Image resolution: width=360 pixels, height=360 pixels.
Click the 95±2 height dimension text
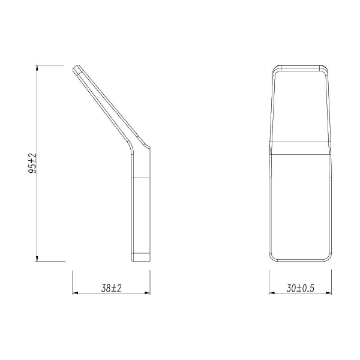(x=32, y=163)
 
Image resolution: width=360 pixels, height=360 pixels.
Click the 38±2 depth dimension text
(x=112, y=288)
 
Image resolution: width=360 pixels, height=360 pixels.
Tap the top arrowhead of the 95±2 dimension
(x=37, y=68)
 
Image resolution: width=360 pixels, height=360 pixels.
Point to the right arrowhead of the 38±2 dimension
(x=147, y=293)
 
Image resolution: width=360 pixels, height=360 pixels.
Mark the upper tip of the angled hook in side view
(x=77, y=68)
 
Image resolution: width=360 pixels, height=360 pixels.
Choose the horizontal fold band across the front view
(x=301, y=147)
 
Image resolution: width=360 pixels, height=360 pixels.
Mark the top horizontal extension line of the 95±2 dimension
(x=50, y=65)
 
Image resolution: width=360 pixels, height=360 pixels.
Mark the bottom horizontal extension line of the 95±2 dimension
(x=50, y=262)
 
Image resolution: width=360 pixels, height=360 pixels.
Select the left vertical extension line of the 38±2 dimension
(x=73, y=282)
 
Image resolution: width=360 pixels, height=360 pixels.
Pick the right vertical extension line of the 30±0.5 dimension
(x=331, y=282)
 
